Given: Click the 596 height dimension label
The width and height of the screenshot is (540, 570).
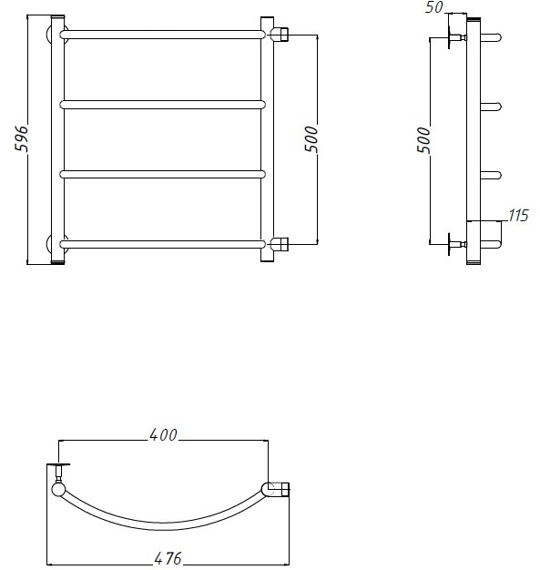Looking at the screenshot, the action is tap(22, 138).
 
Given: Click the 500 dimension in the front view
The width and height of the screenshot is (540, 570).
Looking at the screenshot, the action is tap(311, 139).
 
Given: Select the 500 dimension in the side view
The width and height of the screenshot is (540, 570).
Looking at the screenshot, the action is tap(423, 140).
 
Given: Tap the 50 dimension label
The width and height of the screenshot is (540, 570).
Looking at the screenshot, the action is tap(434, 7).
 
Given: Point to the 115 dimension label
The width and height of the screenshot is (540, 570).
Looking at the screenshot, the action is tap(518, 216).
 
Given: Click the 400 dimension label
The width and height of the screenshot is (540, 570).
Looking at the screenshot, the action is tap(163, 434).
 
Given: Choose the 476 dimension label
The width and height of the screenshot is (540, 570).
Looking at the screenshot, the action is tap(168, 558).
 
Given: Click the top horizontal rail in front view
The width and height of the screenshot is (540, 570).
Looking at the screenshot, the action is tap(162, 35).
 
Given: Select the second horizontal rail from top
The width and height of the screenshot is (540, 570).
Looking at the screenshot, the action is tap(162, 105).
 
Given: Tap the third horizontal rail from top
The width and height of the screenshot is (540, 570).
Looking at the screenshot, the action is tap(162, 174).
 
